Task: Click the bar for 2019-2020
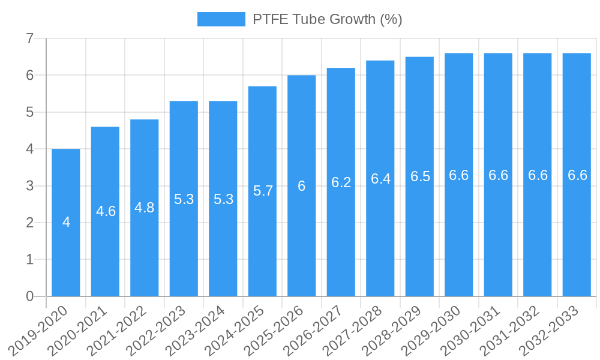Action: pos(66,252)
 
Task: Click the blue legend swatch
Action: pos(221,19)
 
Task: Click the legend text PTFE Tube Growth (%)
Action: pos(327,19)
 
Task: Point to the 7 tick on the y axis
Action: pos(29,39)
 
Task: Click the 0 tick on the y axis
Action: pos(29,296)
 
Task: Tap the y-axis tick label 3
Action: pos(29,186)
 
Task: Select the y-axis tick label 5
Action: pos(29,112)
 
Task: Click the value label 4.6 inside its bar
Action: pos(106,211)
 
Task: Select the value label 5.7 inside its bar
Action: pos(263,191)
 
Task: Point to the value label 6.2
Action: pos(341,182)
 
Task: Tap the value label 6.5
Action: pos(420,176)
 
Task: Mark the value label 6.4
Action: pos(380,179)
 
